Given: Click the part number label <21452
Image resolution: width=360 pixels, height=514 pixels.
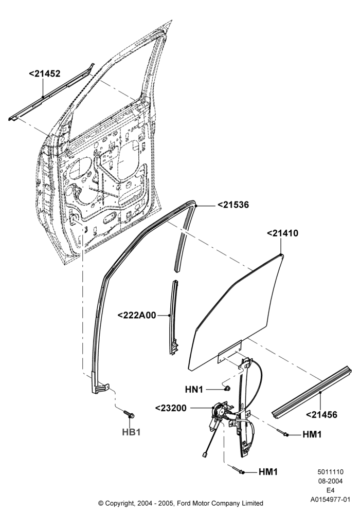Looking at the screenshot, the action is [x=45, y=74].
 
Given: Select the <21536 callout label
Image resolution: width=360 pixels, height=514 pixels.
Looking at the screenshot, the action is [x=233, y=205].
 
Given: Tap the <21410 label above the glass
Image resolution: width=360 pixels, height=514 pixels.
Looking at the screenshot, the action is [x=283, y=233].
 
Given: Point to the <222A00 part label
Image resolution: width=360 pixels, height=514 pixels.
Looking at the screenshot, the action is [x=137, y=316].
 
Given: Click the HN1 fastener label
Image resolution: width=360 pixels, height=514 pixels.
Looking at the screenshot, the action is [x=194, y=390].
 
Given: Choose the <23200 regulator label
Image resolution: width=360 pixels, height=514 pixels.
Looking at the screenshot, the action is [x=171, y=408].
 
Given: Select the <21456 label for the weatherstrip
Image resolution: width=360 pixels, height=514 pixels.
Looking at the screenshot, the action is [x=321, y=415].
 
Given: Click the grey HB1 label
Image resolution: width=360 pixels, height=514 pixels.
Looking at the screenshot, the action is [x=131, y=432].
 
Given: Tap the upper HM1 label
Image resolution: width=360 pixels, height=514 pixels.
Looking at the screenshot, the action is [x=312, y=434].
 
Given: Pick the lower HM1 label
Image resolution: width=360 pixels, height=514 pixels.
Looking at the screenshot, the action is [x=268, y=472].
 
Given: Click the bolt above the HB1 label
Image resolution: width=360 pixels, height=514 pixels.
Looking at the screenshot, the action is [x=129, y=414].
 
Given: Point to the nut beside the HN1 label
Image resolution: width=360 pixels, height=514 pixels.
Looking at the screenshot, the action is [x=227, y=389].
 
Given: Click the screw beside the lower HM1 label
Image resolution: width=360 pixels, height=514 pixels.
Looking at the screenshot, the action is [x=239, y=470].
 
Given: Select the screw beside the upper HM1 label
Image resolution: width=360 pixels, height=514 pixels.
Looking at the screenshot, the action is [x=283, y=433].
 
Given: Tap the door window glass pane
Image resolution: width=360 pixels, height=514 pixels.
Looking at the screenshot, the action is [x=235, y=315].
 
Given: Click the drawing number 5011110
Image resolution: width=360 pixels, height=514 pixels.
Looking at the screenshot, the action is [x=330, y=472].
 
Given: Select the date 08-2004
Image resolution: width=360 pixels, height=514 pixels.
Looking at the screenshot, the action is [x=330, y=481].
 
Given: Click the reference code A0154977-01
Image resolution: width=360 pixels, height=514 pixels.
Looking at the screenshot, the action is [x=330, y=500].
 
